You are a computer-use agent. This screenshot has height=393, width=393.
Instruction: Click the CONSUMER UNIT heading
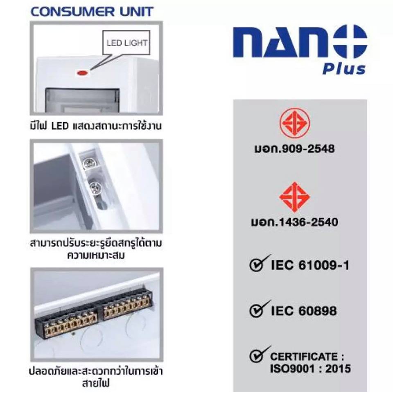[92, 12]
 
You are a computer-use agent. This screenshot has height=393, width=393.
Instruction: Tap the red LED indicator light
[82, 73]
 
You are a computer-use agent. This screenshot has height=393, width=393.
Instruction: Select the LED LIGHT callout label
[127, 43]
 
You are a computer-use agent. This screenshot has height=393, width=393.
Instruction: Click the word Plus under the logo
[344, 69]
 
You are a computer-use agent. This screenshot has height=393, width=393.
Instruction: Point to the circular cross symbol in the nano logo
[349, 42]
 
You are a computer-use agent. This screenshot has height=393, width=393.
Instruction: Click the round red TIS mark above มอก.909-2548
[295, 123]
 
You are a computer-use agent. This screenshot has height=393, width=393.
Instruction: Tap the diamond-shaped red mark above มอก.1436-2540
[295, 197]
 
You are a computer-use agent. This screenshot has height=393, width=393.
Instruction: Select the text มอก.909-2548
[294, 149]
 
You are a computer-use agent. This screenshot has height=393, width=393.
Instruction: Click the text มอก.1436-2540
[294, 222]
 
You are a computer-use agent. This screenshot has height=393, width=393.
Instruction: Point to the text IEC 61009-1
[310, 265]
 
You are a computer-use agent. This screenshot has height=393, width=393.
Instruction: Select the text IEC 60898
[304, 311]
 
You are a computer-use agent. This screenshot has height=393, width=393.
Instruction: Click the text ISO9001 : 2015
[310, 369]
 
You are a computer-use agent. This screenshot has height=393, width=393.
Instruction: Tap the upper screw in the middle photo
[90, 163]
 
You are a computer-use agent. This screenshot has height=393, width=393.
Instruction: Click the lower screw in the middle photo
[95, 187]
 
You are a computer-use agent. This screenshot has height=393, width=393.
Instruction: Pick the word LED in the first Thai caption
[60, 126]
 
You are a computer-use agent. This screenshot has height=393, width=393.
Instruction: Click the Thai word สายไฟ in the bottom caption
[96, 383]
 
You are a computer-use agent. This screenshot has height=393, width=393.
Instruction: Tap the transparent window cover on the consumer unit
[82, 100]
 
